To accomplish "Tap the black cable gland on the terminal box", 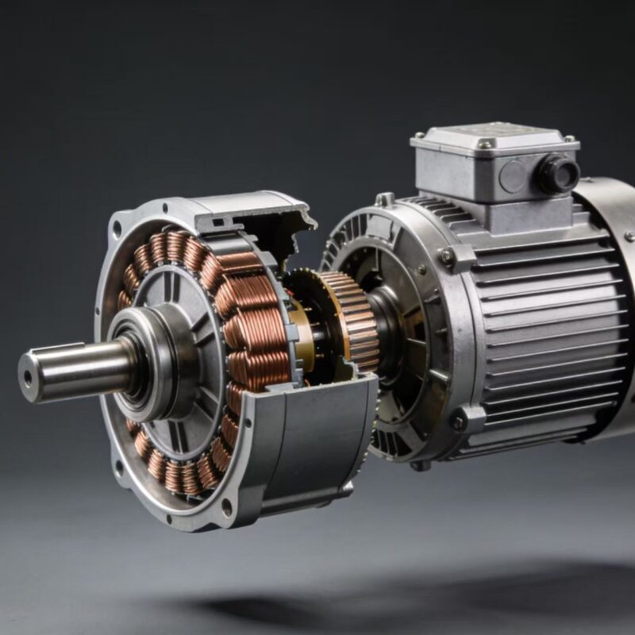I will pyautogui.click(x=558, y=172).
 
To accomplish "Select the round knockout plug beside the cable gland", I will pyautogui.click(x=512, y=176).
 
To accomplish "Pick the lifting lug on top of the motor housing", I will pyautogui.click(x=385, y=198).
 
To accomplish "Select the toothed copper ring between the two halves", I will pyautogui.click(x=349, y=317).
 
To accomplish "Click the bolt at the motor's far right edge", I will pyautogui.click(x=627, y=237).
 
